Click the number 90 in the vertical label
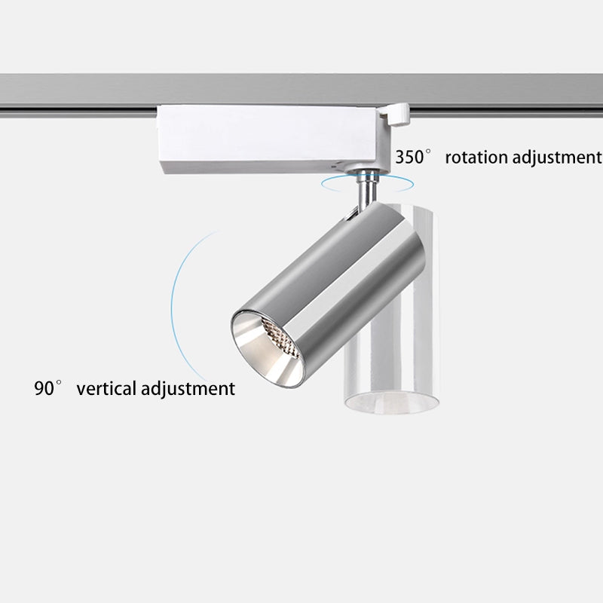[x=44, y=389]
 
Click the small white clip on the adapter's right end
[x=395, y=115]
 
